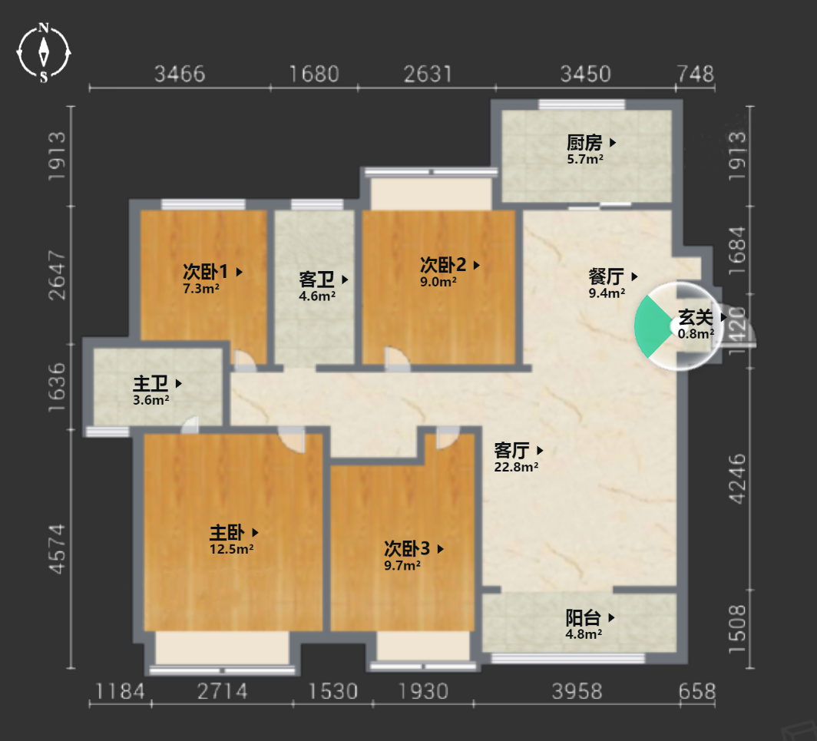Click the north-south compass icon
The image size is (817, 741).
[44, 53]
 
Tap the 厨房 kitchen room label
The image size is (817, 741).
[584, 142]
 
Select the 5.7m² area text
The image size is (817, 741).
[585, 159]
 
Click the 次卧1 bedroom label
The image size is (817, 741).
[205, 272]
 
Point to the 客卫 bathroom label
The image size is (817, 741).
[316, 280]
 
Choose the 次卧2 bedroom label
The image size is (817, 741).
[443, 265]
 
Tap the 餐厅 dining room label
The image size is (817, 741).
[606, 276]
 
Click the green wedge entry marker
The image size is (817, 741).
[652, 326]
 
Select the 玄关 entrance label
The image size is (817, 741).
[696, 317]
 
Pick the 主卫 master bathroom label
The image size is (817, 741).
[150, 383]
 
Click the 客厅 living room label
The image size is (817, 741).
[511, 450]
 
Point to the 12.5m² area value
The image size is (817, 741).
[231, 549]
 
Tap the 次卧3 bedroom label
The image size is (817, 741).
[407, 549]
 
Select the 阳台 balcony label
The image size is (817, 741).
[584, 618]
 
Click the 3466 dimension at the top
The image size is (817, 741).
[180, 74]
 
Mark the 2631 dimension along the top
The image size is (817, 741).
[427, 74]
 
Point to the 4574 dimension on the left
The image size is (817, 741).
[58, 549]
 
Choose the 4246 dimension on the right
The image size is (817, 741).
[737, 479]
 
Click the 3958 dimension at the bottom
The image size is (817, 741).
[577, 692]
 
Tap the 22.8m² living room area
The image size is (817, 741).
[516, 467]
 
